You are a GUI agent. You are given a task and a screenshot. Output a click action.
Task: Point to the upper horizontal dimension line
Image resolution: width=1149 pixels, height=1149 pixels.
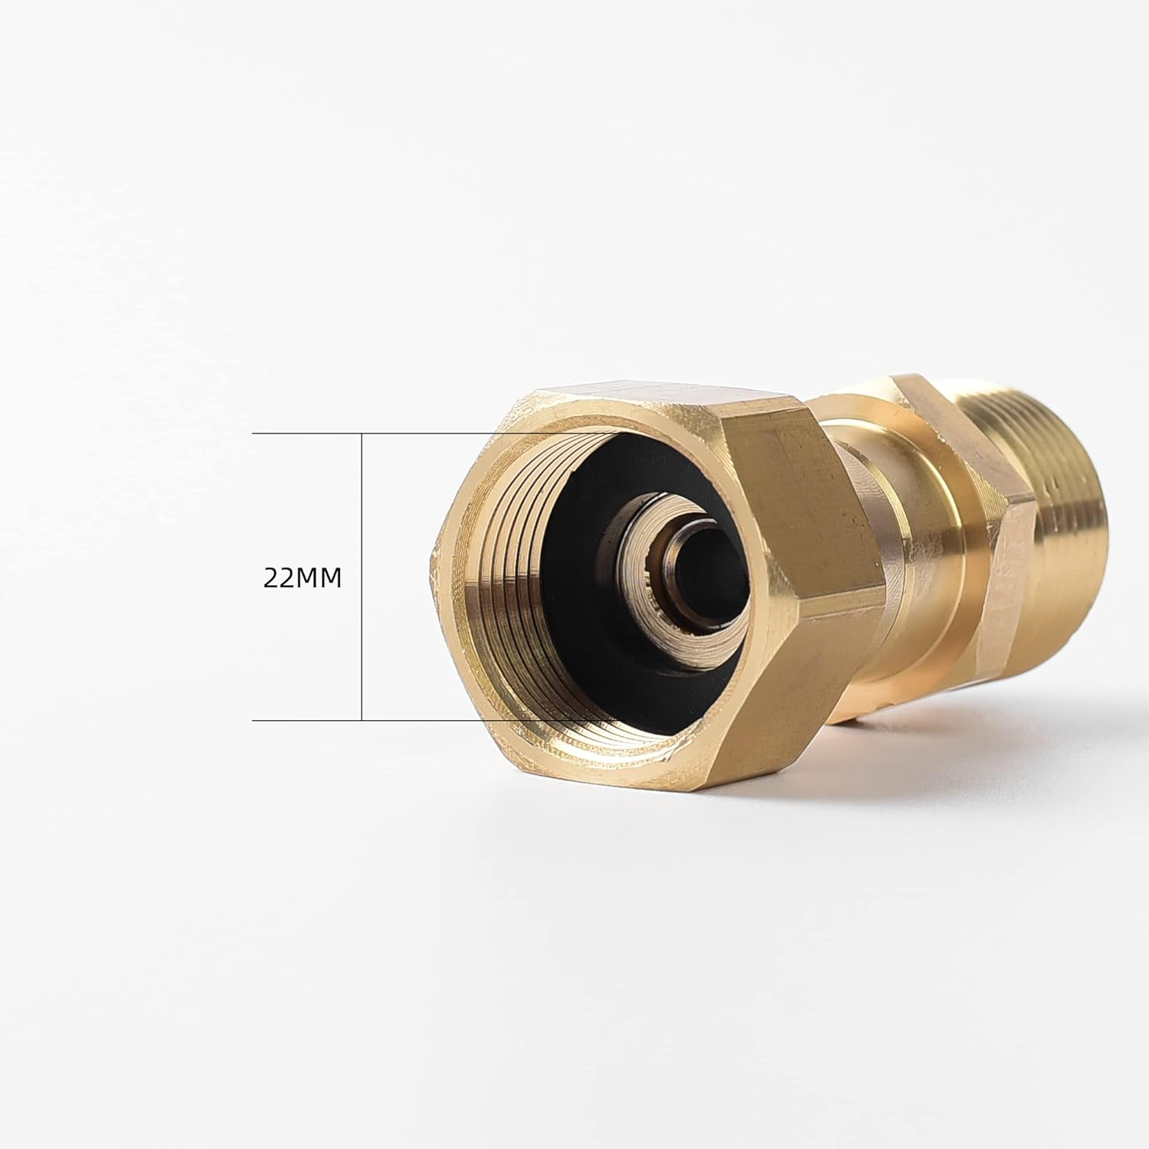[306, 434]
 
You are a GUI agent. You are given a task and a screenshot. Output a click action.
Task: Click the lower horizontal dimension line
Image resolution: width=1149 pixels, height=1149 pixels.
[306, 720]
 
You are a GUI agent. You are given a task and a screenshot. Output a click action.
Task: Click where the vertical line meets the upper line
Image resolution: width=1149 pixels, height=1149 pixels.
[362, 434]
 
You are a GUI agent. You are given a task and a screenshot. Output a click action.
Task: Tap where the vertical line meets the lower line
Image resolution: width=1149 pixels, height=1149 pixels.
[362, 720]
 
